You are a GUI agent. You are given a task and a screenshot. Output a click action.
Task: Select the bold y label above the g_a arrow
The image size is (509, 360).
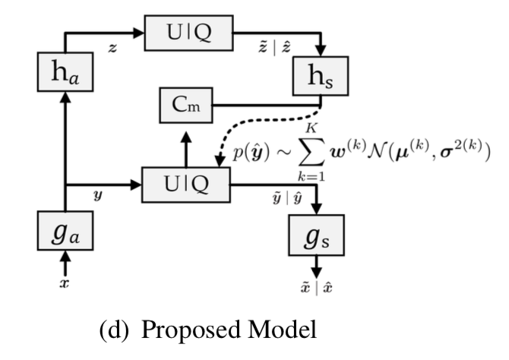click(x=96, y=195)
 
